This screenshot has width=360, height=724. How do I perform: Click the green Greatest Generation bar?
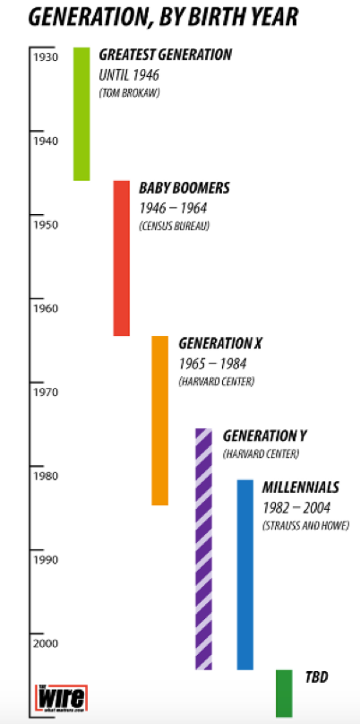[81, 114]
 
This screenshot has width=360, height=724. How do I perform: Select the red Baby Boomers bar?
[122, 258]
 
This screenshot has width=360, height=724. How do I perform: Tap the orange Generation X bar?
[160, 420]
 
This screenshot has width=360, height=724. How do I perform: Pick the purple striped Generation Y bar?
[204, 548]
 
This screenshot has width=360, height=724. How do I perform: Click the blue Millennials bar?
[244, 574]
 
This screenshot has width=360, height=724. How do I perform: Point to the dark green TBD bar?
[283, 693]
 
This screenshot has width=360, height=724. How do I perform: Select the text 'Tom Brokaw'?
[128, 93]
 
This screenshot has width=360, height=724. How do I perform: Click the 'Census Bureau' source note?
[174, 226]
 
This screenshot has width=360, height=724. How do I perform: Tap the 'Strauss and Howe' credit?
[304, 525]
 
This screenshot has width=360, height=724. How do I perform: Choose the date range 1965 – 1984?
[212, 363]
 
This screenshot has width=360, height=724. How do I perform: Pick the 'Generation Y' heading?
[264, 436]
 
